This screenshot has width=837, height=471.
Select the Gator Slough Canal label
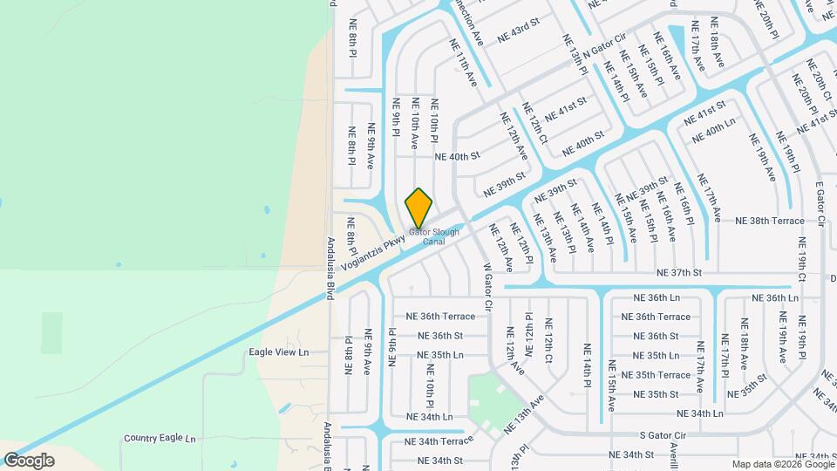434,236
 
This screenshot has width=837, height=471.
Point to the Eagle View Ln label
279,352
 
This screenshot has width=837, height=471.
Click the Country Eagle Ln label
160,438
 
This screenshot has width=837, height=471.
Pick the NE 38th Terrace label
769,222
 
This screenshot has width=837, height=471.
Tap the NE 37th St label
679,273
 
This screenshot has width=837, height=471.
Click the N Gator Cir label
605,46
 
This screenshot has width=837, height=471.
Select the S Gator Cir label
663,434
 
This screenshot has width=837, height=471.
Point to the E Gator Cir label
820,204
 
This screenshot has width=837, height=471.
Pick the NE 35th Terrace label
662,375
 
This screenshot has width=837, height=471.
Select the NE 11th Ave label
463,62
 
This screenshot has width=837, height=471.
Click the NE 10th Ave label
415,122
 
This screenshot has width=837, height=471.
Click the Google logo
29,461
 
